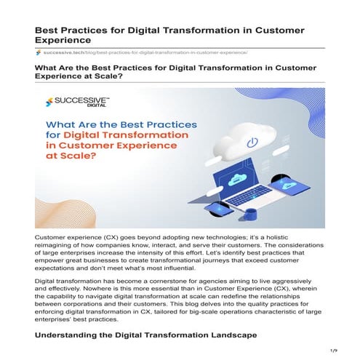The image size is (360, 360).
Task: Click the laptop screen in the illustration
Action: (245, 182)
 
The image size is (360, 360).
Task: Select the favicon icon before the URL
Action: (38, 53)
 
